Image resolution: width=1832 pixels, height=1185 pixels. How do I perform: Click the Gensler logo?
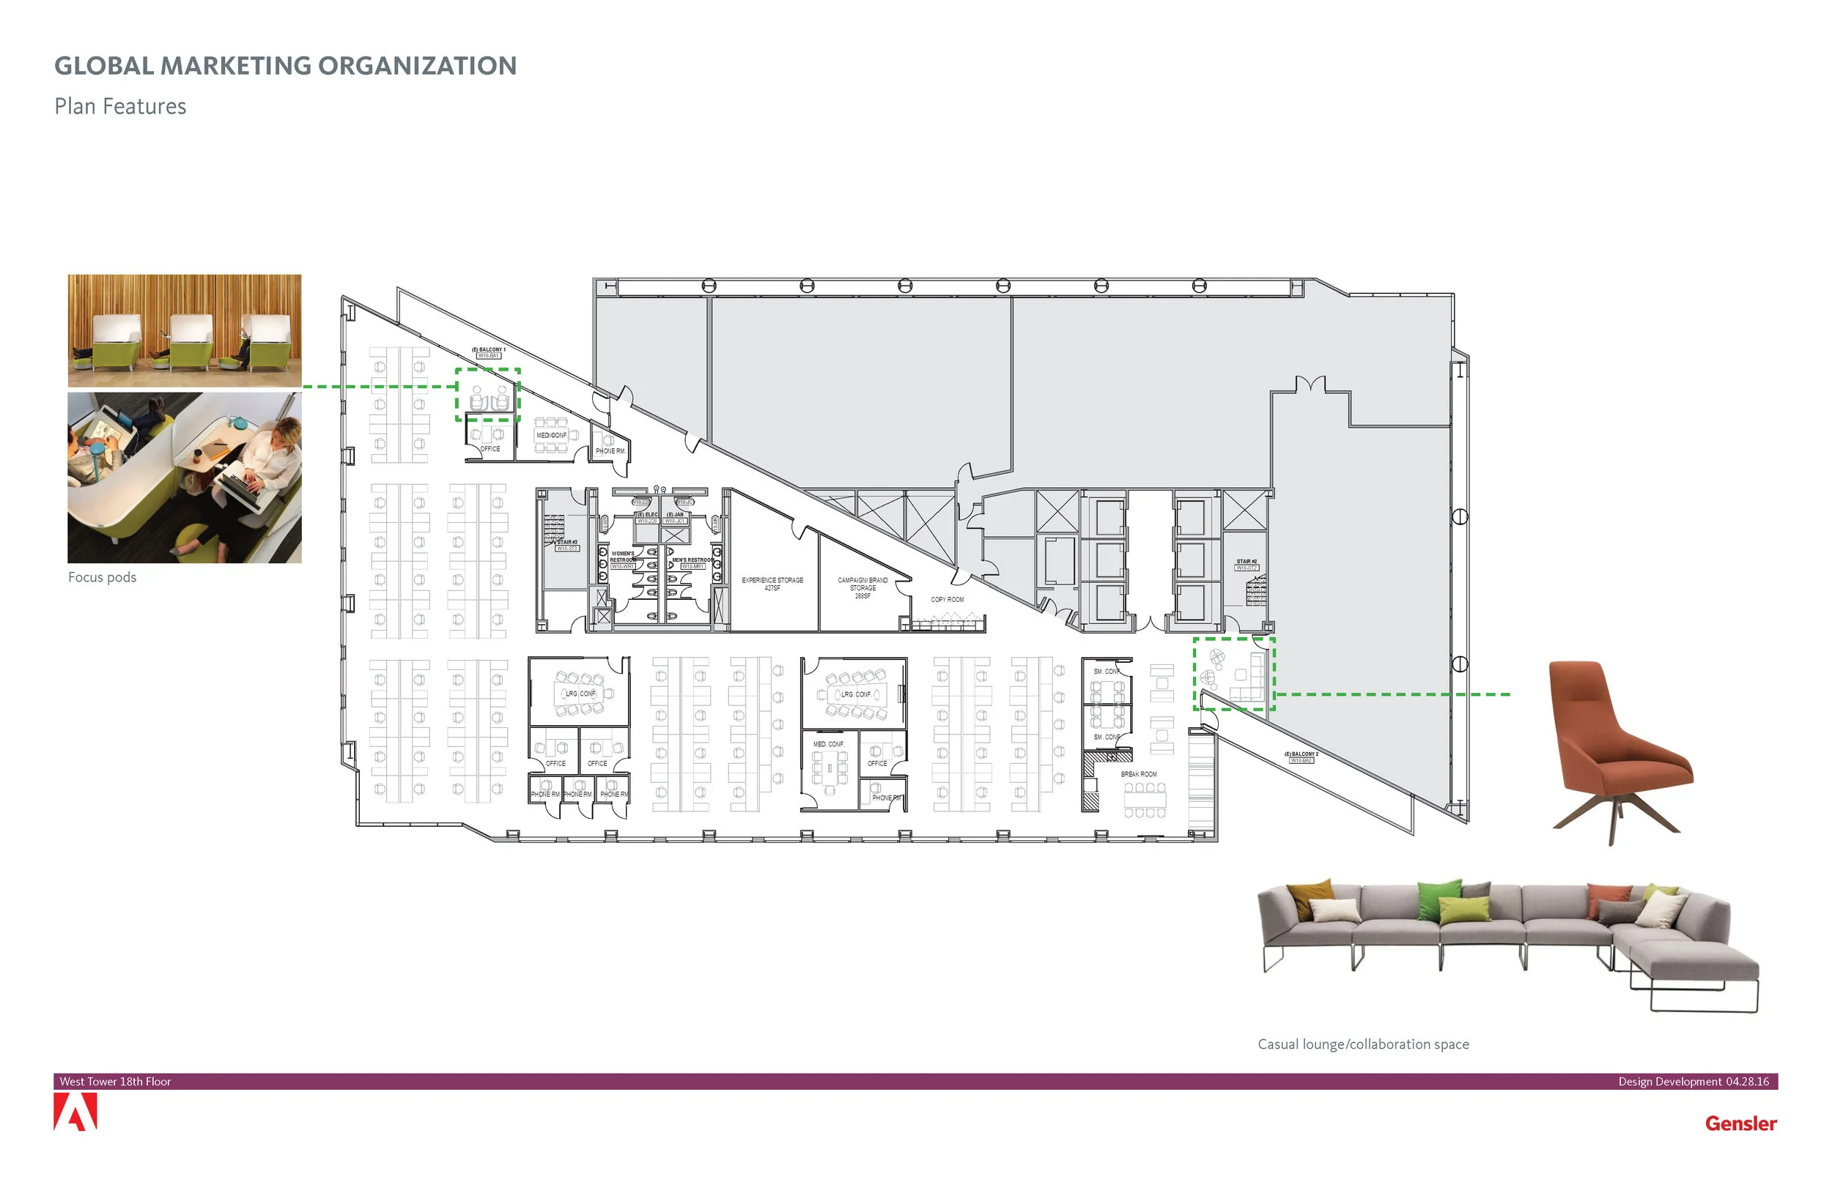click(x=1740, y=1123)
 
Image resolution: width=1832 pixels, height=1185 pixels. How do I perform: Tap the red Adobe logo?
click(x=75, y=1112)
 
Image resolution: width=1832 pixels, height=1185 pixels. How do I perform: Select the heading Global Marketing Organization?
click(x=285, y=66)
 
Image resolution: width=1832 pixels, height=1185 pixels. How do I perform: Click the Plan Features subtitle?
click(x=120, y=106)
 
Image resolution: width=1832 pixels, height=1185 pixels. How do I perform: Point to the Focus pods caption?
click(x=102, y=577)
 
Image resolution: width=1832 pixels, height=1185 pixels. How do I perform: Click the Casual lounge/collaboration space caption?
click(x=1362, y=1044)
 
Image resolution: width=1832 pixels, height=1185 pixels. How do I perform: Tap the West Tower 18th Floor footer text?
click(x=116, y=1081)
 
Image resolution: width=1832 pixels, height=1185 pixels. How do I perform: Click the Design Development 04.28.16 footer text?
click(x=1693, y=1081)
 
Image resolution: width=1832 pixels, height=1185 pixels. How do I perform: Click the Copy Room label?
click(x=947, y=599)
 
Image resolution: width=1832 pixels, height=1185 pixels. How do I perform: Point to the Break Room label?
click(x=1138, y=774)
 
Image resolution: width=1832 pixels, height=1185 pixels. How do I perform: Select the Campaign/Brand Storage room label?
click(x=862, y=588)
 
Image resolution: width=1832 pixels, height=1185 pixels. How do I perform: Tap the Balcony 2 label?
click(x=1301, y=757)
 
